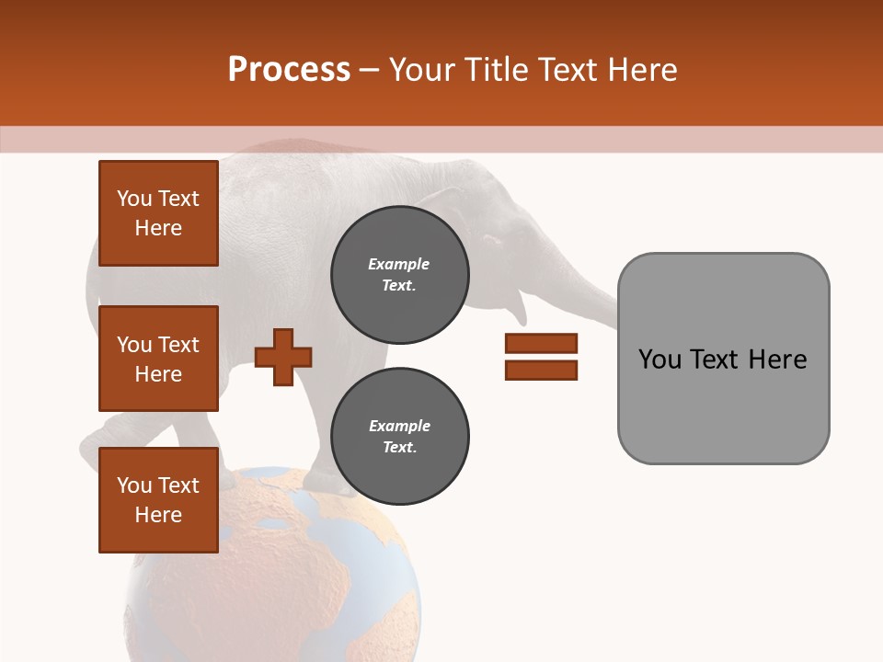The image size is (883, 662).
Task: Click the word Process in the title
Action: point(289,70)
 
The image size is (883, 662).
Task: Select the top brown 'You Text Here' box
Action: point(158,213)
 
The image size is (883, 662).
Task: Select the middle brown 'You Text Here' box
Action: point(158,359)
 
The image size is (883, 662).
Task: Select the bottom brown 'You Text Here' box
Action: point(158,500)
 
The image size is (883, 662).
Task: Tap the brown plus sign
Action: point(283,357)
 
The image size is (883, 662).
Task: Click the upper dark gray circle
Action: point(399,275)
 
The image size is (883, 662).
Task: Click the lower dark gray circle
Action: point(399,437)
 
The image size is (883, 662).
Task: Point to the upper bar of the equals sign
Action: point(541,344)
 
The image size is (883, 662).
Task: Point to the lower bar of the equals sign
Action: point(541,371)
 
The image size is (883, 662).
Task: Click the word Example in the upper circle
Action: point(399,265)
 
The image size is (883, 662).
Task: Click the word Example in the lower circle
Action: point(399,427)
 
